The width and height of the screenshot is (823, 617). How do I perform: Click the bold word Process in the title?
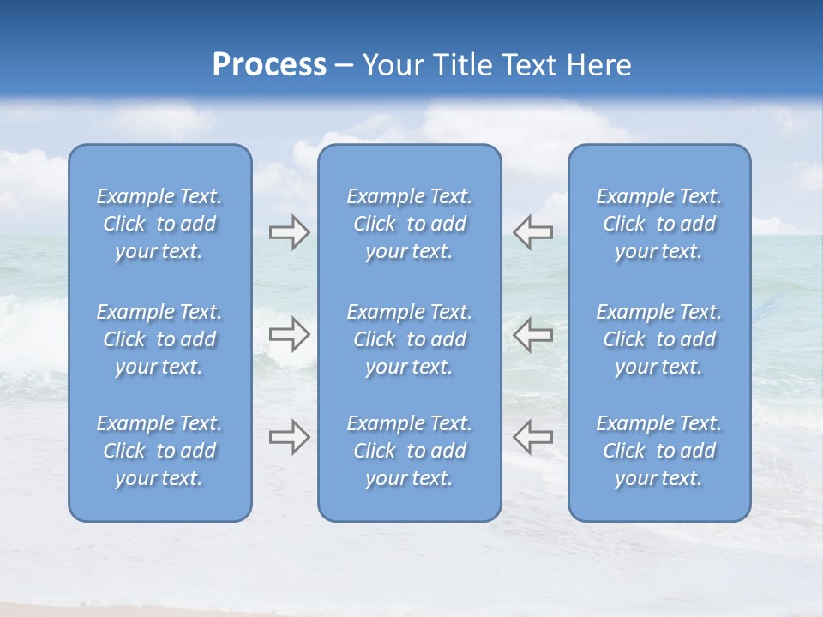click(x=269, y=65)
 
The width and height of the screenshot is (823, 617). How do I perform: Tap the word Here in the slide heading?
click(x=599, y=65)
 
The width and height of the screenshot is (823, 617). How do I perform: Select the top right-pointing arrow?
click(x=289, y=232)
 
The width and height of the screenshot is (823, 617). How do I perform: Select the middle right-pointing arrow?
click(x=289, y=334)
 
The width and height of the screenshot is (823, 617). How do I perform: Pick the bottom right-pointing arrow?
click(x=289, y=436)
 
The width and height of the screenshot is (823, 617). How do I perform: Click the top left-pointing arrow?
click(x=533, y=232)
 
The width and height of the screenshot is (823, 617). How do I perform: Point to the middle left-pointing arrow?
click(x=533, y=334)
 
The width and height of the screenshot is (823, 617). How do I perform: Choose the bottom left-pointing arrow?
click(x=533, y=436)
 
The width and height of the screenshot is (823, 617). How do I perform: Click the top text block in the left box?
click(x=159, y=224)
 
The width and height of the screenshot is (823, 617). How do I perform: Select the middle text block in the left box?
click(x=159, y=339)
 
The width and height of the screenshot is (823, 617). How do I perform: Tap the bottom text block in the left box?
click(x=159, y=451)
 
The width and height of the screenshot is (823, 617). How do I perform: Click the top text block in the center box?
click(x=410, y=224)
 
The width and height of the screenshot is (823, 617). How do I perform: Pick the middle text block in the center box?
click(x=410, y=339)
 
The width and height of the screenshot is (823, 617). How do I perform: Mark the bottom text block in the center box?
click(x=410, y=451)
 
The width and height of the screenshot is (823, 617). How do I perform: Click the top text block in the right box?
click(x=659, y=224)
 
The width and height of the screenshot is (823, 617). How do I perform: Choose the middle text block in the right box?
click(x=659, y=339)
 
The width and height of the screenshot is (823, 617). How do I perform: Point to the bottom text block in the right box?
click(x=659, y=451)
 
